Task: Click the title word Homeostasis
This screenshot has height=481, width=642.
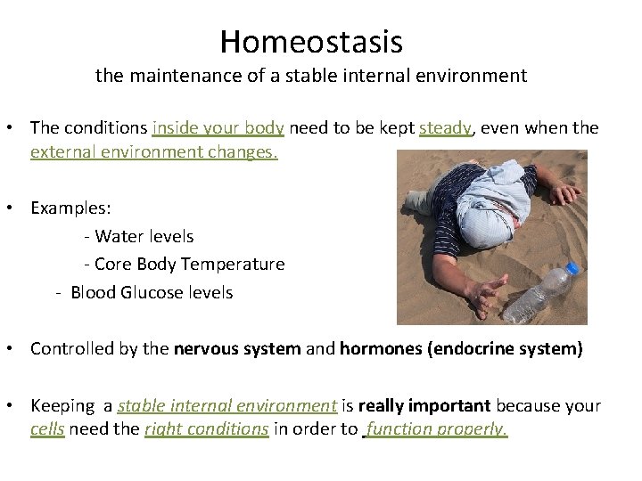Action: coord(311,42)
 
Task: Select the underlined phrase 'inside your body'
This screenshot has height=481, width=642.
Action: coord(218,128)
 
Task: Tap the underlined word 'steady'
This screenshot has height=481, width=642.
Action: coord(445,128)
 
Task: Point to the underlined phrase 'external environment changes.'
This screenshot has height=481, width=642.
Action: coord(154,151)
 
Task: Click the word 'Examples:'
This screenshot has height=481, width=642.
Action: coord(71,208)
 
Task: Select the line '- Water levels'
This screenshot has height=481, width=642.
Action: coord(138,236)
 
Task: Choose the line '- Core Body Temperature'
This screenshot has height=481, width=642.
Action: coord(184,265)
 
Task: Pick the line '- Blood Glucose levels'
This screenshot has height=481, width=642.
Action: coord(144,292)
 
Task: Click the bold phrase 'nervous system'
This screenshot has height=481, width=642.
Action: coord(237,348)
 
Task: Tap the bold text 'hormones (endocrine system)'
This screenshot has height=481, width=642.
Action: coord(461,348)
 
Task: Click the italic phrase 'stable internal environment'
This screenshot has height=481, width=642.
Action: coord(227,406)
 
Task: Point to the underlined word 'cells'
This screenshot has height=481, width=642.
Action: coord(48,429)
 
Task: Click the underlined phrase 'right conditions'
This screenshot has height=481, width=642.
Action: coord(207,429)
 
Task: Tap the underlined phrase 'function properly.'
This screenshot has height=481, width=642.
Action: coord(436,429)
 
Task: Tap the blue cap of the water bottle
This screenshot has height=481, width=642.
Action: coord(572,268)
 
